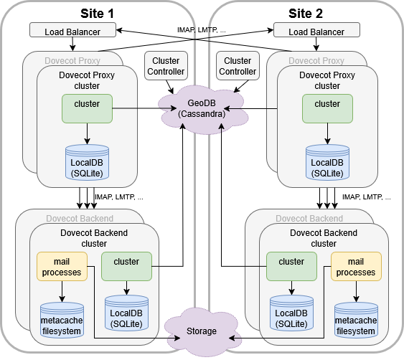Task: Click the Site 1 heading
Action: [x=98, y=12]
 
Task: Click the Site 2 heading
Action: [x=306, y=12]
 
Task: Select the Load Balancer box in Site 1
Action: [x=73, y=30]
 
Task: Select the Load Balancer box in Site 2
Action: [x=316, y=31]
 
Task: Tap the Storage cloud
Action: [x=202, y=331]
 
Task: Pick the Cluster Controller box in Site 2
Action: [x=238, y=66]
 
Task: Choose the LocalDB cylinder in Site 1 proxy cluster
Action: [x=87, y=162]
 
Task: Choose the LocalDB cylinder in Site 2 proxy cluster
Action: [x=328, y=162]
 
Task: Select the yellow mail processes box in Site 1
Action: [x=62, y=267]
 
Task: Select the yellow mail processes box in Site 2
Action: [x=356, y=267]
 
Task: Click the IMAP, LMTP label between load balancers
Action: [x=202, y=30]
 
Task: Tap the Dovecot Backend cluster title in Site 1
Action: [x=94, y=237]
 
